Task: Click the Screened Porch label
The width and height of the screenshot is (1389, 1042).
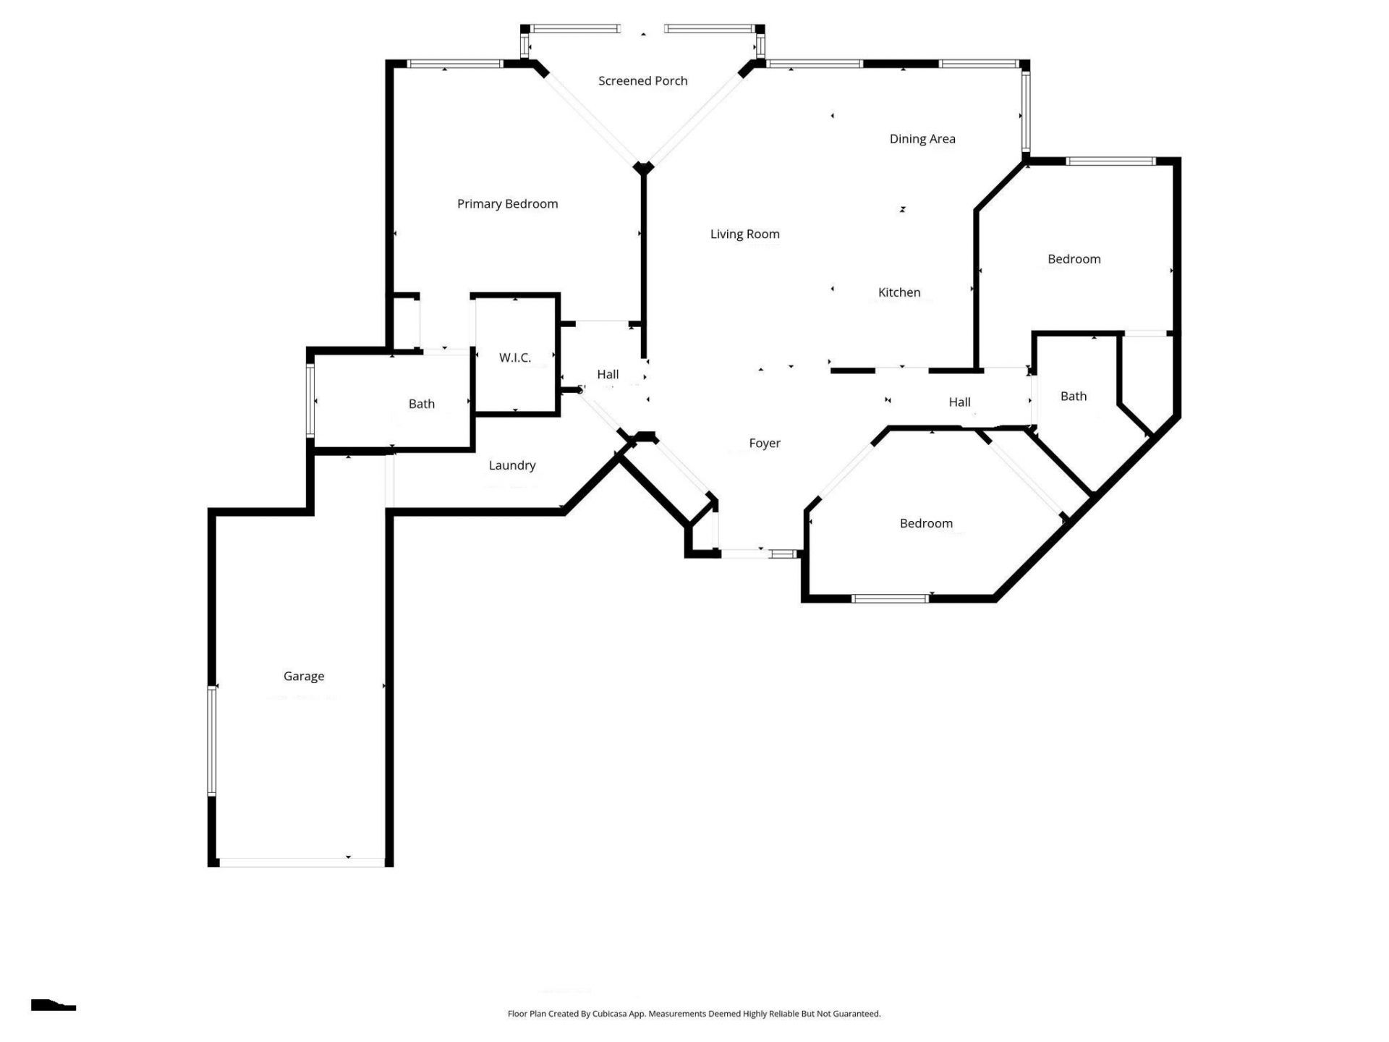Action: tap(642, 81)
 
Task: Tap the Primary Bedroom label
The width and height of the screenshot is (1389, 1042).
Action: tap(507, 204)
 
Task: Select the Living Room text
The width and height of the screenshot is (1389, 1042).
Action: tap(744, 234)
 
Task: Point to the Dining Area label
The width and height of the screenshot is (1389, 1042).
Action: tap(922, 139)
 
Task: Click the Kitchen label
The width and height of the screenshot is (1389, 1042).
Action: tap(899, 292)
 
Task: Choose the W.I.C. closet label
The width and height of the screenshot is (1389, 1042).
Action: tap(514, 357)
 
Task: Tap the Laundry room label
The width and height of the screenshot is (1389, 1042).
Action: tap(511, 465)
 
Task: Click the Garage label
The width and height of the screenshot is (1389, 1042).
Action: tap(303, 676)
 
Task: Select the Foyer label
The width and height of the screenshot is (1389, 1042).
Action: tap(764, 443)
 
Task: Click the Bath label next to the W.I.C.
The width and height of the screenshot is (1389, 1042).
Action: tap(421, 404)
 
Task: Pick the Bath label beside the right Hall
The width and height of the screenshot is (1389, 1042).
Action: tap(1073, 396)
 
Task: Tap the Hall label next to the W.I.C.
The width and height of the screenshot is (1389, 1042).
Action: tap(607, 374)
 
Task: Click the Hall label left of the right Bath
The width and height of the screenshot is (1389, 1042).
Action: tap(959, 402)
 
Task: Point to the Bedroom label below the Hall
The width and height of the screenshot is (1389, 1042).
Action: tap(925, 523)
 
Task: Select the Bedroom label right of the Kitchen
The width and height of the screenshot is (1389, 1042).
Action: tap(1074, 259)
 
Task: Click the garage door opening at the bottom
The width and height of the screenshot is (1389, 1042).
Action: tap(302, 862)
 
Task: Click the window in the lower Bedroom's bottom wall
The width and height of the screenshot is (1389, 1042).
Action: tap(890, 598)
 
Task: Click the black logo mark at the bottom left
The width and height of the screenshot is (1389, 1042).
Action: tap(52, 1005)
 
